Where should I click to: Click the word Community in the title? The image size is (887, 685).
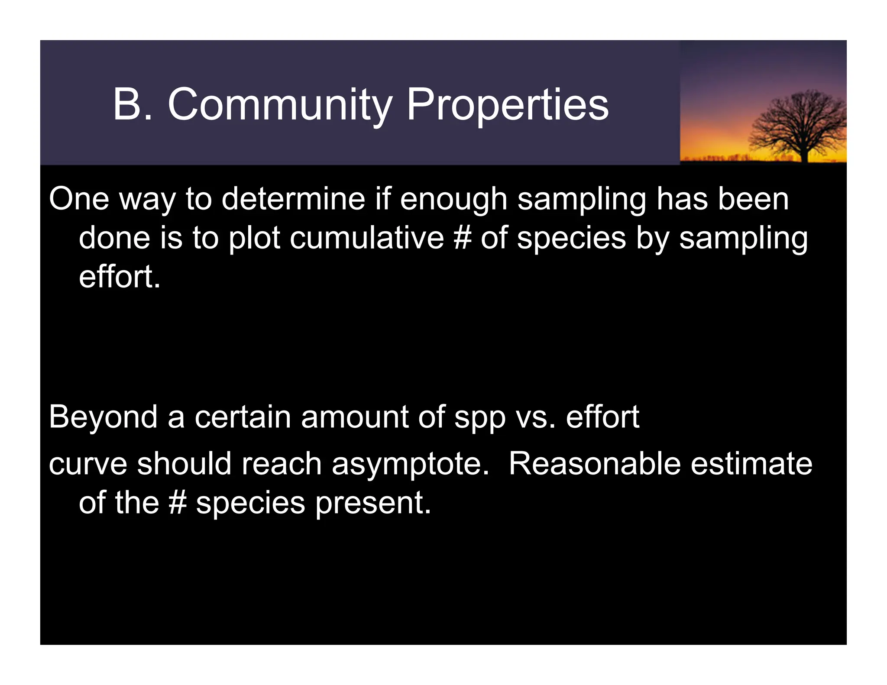(280, 105)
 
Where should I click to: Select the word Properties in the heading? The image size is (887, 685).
(507, 105)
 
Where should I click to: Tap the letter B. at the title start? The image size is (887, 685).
(133, 105)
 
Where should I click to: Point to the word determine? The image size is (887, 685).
(294, 199)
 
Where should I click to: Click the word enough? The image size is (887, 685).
(453, 200)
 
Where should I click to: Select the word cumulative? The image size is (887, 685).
(367, 238)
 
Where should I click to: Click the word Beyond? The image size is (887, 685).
(103, 417)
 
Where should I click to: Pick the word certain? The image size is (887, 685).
(243, 417)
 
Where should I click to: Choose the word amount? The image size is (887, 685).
(355, 417)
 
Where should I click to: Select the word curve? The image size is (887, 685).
(88, 464)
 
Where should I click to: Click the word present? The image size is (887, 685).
(373, 504)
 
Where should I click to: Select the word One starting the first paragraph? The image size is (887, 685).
(79, 199)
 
